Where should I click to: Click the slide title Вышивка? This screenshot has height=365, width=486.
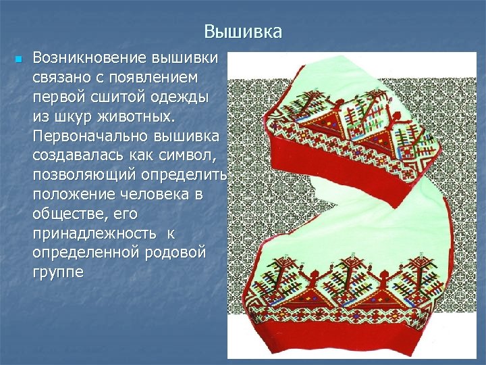coord(242,32)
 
